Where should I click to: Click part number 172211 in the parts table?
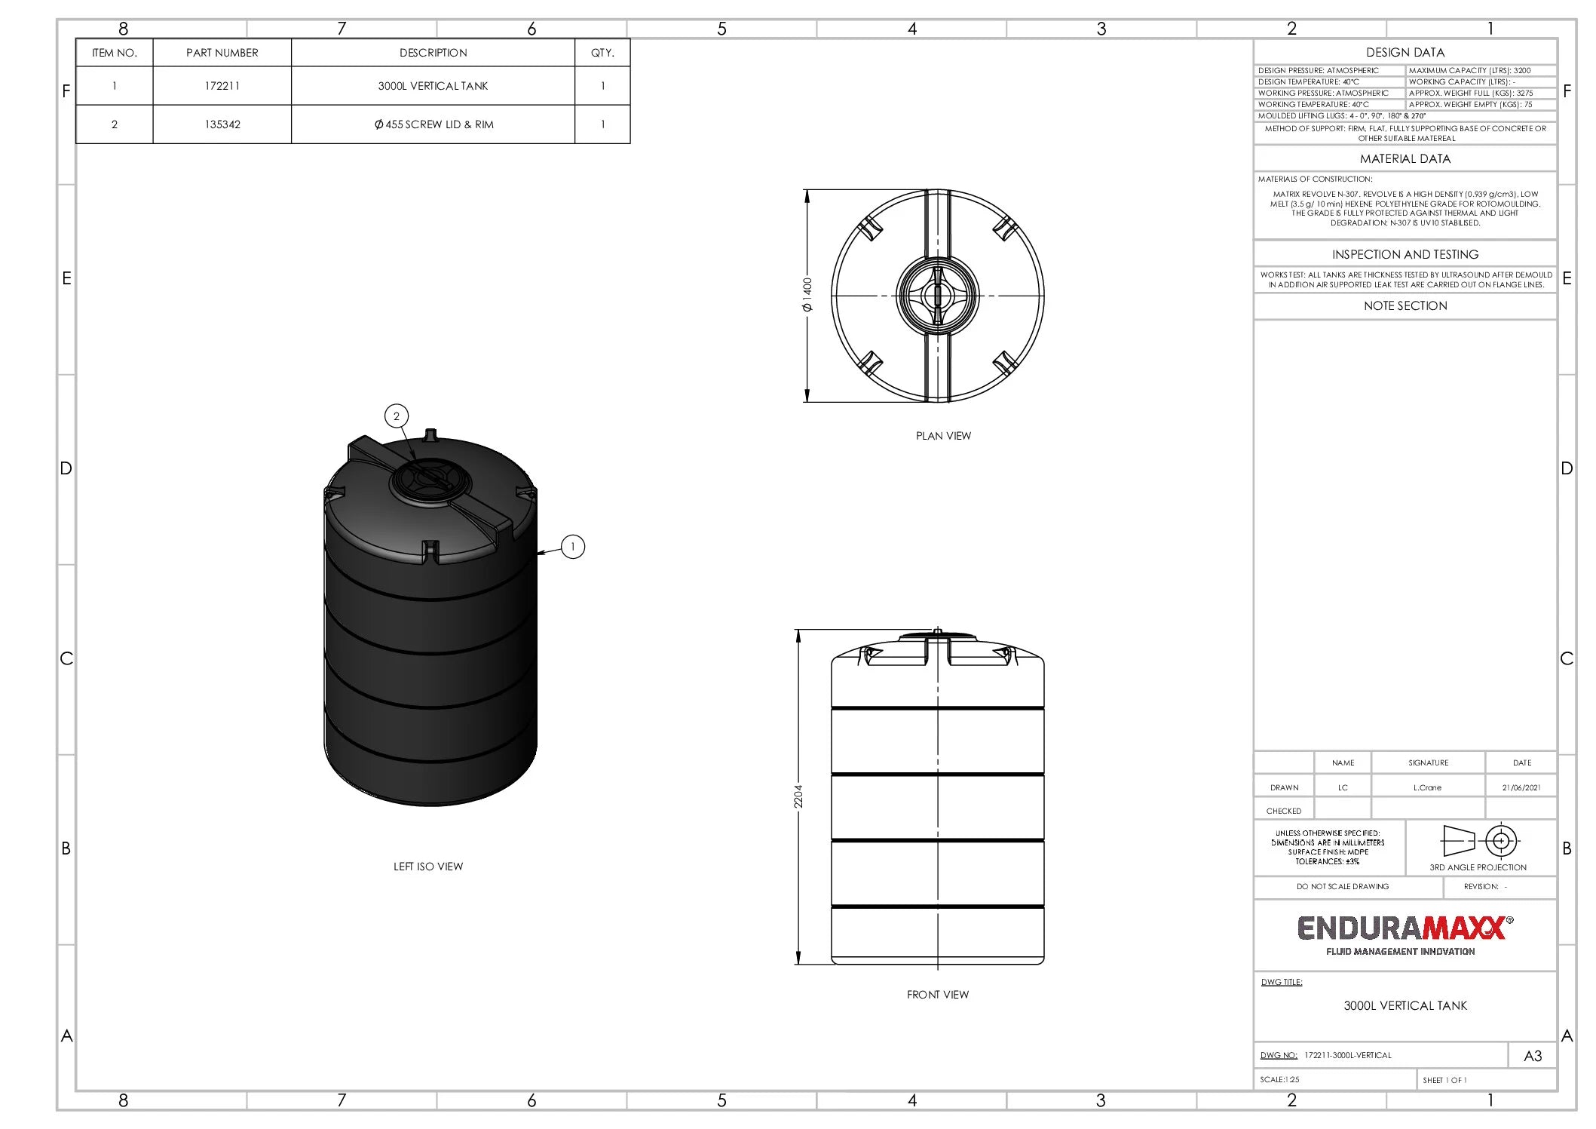pos(222,86)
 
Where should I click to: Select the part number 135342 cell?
pos(222,124)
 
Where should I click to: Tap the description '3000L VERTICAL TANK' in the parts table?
pos(433,86)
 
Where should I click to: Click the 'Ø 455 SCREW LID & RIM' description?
pos(433,124)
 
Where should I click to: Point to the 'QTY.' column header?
pos(602,53)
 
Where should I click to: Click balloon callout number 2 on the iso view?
pos(397,416)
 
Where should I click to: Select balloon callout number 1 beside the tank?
pos(573,547)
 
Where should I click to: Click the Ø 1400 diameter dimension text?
pos(807,295)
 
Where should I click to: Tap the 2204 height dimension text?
pos(798,796)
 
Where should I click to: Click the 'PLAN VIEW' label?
pos(943,436)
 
